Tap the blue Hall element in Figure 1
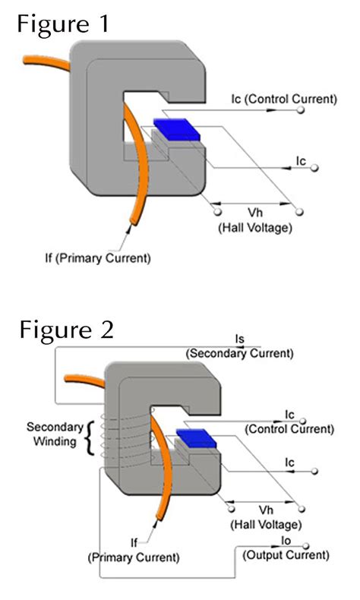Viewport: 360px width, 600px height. tap(176, 128)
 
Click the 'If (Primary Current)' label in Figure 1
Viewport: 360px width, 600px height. tap(107, 258)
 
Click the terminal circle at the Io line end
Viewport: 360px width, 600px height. tap(305, 545)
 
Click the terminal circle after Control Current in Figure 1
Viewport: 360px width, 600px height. tap(301, 111)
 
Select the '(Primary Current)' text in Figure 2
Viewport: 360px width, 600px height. tap(134, 557)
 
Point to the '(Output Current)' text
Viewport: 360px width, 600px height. tap(286, 556)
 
